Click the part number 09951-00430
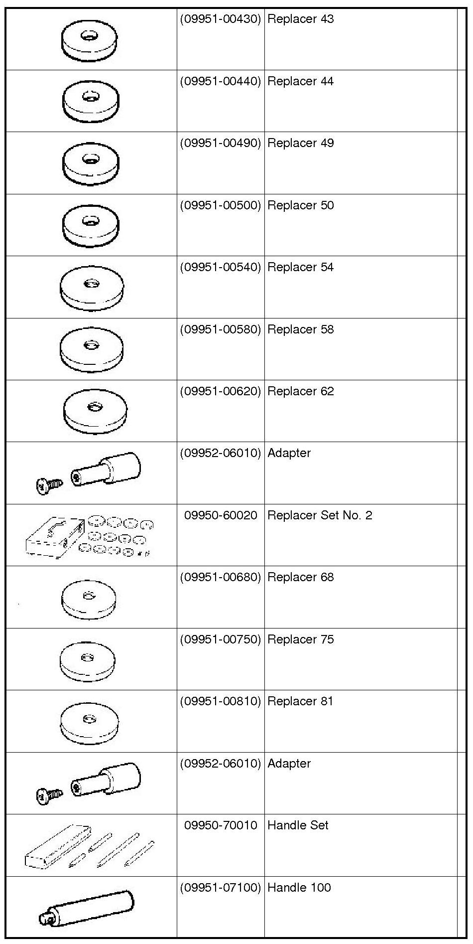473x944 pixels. [x=220, y=19]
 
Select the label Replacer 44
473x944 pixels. [x=300, y=81]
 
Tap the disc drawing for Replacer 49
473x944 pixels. [x=91, y=162]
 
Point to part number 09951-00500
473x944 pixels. [x=220, y=205]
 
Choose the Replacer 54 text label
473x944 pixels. [x=300, y=267]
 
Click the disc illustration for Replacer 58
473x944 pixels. [x=91, y=349]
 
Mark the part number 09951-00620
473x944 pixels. [x=220, y=391]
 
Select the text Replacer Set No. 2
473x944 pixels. [x=320, y=515]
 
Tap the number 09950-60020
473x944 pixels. [x=221, y=515]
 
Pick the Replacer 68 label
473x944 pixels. [x=300, y=577]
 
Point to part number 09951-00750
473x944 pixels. [x=220, y=639]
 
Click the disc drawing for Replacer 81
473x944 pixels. [x=89, y=722]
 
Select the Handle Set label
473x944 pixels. [x=298, y=825]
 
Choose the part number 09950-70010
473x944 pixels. [x=221, y=825]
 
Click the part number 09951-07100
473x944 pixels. [x=220, y=888]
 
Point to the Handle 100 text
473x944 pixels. [x=299, y=888]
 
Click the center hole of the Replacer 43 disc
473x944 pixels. [x=90, y=36]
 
